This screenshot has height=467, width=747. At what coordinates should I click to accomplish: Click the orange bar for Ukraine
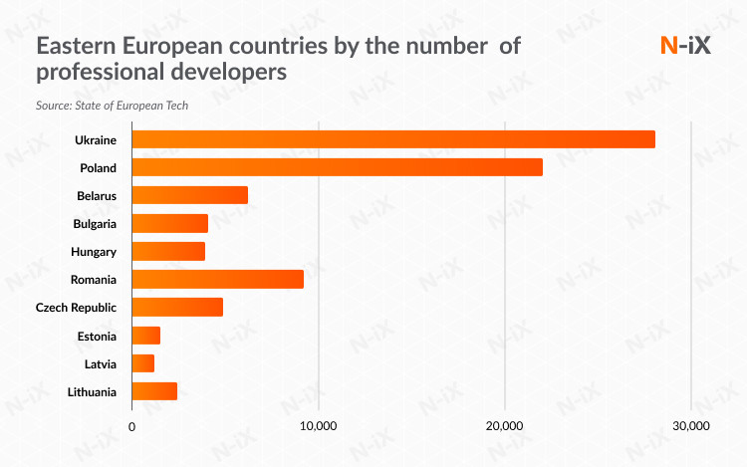tap(393, 139)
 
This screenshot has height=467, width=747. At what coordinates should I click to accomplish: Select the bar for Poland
tap(337, 167)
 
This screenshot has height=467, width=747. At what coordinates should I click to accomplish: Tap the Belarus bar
tap(189, 195)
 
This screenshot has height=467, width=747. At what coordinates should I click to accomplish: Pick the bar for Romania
tap(217, 280)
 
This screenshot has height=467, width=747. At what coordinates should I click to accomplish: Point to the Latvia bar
tap(143, 363)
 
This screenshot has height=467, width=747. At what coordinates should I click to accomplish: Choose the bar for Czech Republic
tap(177, 308)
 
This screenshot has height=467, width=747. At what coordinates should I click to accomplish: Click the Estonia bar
tap(146, 336)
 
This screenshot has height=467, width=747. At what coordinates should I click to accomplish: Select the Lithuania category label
tap(91, 392)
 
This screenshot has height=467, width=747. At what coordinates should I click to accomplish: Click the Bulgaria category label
tap(95, 224)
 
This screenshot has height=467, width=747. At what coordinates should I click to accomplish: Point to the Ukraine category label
tap(96, 139)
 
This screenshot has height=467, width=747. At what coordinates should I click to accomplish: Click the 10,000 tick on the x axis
tap(318, 426)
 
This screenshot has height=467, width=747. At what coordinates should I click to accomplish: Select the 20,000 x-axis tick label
tap(505, 426)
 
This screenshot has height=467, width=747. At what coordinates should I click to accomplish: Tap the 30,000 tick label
tap(690, 426)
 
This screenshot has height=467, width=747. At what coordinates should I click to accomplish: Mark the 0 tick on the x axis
tap(132, 426)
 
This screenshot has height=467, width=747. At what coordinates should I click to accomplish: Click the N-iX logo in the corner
tap(686, 45)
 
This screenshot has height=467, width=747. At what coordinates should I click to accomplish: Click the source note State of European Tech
tap(112, 105)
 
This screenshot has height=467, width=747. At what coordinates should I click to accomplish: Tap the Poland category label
tap(99, 167)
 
